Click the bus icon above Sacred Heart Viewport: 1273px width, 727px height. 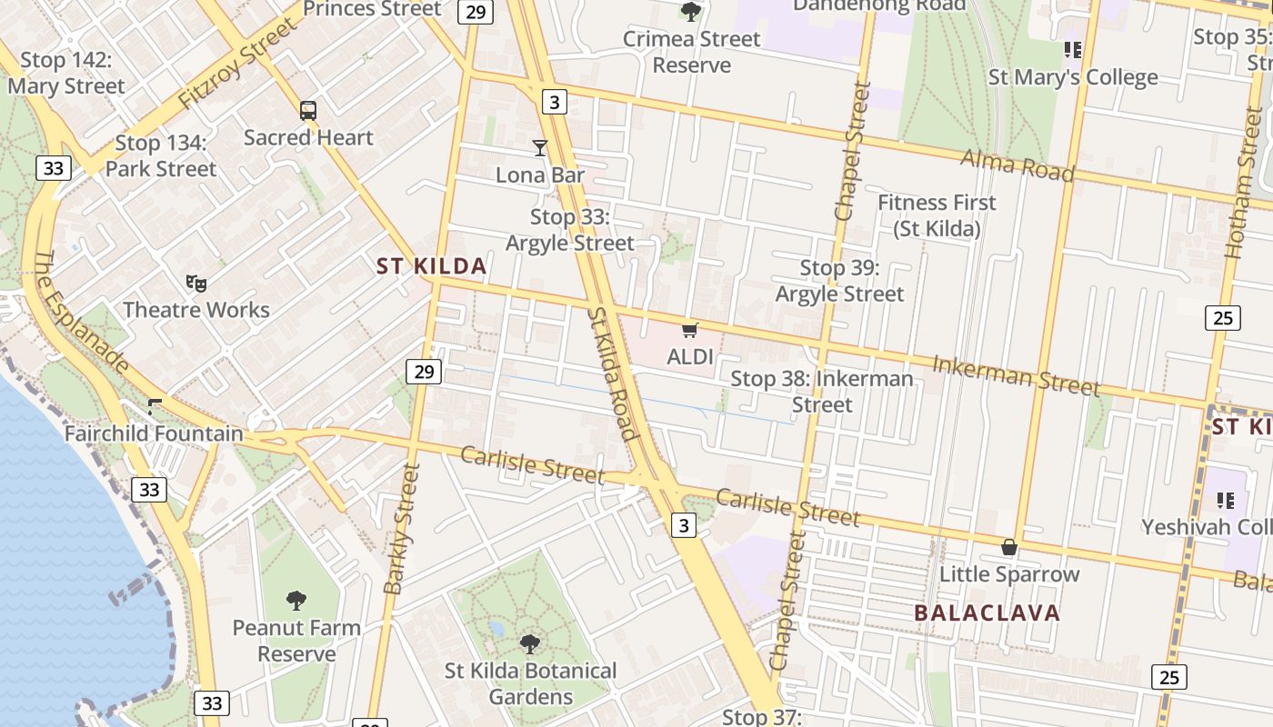coord(308,111)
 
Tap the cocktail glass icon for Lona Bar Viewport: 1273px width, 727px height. coord(540,147)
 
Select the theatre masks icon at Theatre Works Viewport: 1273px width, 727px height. coord(195,284)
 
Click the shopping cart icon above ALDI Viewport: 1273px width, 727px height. coord(690,330)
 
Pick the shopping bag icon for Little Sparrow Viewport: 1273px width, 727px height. coord(1008,547)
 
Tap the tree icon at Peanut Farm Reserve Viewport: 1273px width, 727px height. coord(296,600)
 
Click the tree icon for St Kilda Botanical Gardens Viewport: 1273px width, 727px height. coord(530,644)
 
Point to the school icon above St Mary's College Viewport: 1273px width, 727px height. coord(1073,50)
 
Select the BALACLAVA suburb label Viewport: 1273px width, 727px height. coord(987,612)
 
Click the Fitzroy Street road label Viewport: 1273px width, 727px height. coord(238,64)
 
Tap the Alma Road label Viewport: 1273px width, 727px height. coord(1017,165)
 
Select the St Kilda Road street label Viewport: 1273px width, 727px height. coord(610,373)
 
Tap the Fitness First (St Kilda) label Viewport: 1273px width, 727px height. coord(937,215)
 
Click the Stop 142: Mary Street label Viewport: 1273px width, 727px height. coord(65,74)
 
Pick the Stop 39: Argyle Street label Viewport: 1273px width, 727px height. coord(839,281)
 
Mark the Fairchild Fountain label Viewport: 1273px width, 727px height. coord(154,433)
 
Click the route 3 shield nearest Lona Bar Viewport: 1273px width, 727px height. coord(554,102)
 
